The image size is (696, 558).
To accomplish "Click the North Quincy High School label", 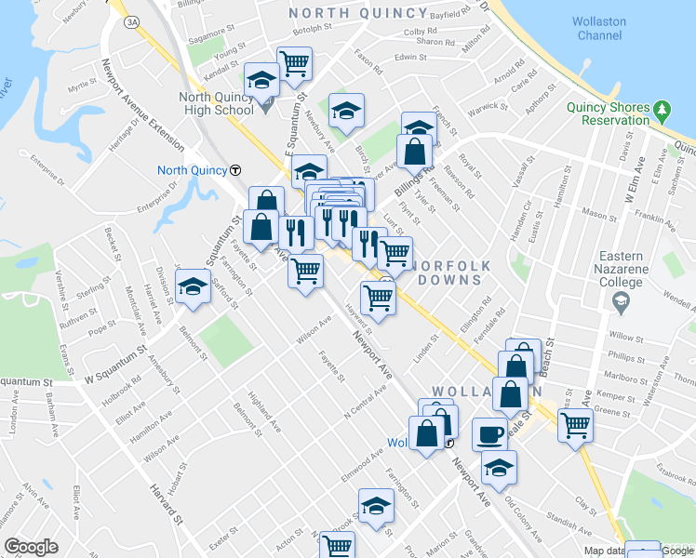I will (x=218, y=104).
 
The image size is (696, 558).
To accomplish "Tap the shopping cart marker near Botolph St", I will (x=294, y=64).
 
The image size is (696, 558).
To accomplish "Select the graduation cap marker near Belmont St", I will (x=193, y=286).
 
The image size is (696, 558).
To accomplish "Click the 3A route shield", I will (x=132, y=20).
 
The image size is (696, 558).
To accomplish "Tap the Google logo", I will (x=31, y=547).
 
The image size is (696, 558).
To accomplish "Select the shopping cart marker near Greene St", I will (x=575, y=425).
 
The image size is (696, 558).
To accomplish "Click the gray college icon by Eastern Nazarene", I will (x=621, y=300).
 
